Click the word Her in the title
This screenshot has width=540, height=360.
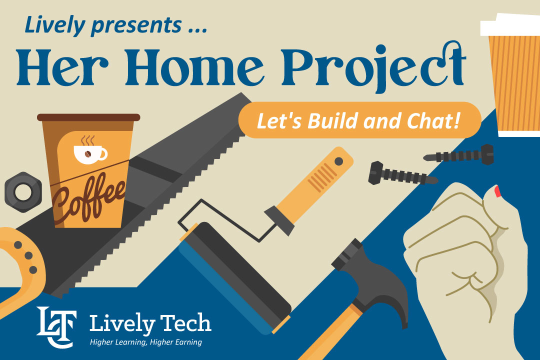[x=62, y=67]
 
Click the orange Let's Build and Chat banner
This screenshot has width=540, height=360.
[x=359, y=120]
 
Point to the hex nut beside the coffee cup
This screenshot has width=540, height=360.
[x=23, y=192]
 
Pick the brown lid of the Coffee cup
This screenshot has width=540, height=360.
[x=88, y=117]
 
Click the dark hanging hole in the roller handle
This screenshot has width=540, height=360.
[x=338, y=161]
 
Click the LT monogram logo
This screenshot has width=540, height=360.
[x=56, y=327]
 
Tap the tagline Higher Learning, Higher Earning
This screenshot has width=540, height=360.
[x=145, y=342]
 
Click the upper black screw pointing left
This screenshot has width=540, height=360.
[x=458, y=154]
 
